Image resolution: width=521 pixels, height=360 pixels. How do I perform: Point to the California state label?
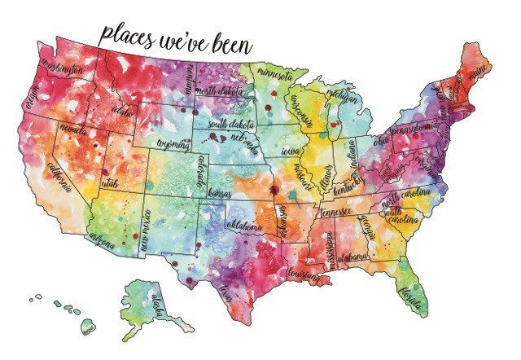tap(59, 177)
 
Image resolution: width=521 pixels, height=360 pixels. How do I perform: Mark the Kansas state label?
tap(220, 195)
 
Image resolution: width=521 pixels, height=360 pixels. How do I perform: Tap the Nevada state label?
tap(74, 131)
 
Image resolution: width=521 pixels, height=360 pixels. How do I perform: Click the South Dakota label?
tap(230, 125)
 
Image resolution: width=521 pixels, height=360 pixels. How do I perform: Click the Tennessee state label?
tap(335, 212)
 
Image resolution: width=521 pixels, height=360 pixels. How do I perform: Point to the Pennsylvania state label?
tap(415, 128)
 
